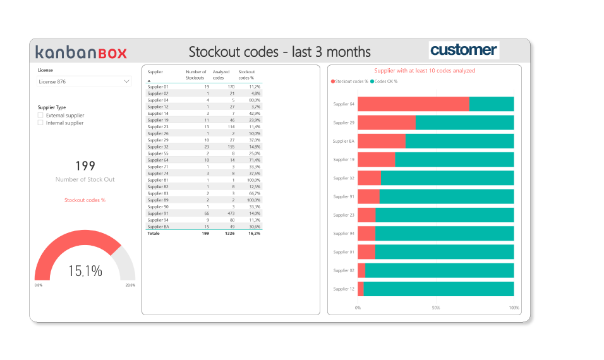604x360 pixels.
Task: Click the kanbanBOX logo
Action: (x=81, y=52)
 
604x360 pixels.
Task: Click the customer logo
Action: (x=464, y=51)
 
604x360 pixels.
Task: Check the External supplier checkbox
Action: (x=40, y=116)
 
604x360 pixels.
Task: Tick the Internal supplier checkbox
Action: (x=40, y=123)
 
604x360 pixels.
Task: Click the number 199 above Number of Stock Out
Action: (x=85, y=166)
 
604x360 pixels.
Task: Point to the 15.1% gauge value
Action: (x=85, y=271)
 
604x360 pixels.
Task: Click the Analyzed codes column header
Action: (x=221, y=75)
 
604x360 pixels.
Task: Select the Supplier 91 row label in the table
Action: (x=158, y=213)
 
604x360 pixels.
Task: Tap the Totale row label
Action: (x=154, y=233)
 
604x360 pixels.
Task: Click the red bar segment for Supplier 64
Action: (x=413, y=104)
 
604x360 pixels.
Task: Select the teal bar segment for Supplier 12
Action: (x=438, y=289)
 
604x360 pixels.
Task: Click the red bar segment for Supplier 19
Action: (x=376, y=159)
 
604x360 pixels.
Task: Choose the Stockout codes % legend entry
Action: (x=351, y=81)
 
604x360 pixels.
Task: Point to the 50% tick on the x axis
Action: (x=436, y=308)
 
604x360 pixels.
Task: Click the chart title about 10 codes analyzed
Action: (x=425, y=71)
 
